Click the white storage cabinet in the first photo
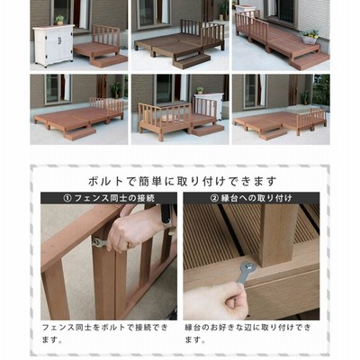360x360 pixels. tap(53, 46)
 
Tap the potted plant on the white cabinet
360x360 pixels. tap(60, 20)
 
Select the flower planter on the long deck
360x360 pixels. tap(310, 37)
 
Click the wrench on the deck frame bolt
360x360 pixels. tap(245, 274)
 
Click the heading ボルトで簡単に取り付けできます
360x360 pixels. tap(183, 181)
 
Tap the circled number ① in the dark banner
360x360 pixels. tap(67, 198)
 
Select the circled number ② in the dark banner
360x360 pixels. tap(214, 198)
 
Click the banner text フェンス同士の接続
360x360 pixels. tap(114, 198)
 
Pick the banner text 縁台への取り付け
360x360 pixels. tap(256, 198)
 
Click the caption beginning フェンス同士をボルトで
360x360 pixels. tap(105, 333)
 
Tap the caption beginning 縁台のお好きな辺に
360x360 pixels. tap(248, 333)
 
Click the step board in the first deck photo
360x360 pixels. tap(109, 61)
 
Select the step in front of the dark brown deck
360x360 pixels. tap(192, 61)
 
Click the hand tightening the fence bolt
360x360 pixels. tap(137, 228)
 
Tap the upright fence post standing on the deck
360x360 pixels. tap(277, 236)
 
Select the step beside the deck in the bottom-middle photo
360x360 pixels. tap(208, 130)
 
